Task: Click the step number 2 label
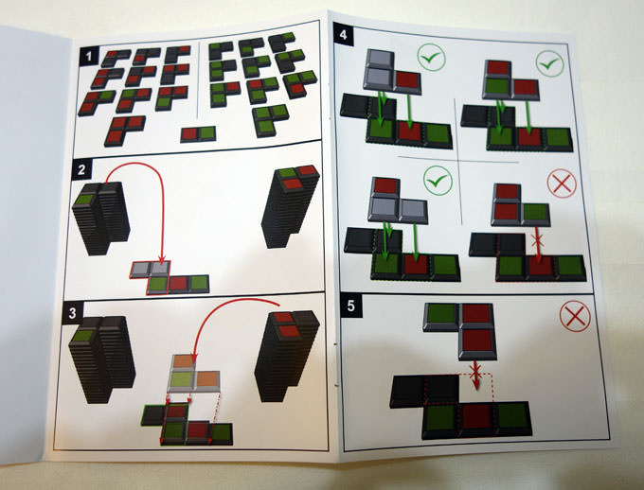tap(81, 169)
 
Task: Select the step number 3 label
tap(73, 313)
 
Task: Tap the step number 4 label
tap(344, 34)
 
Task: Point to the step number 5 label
tap(350, 306)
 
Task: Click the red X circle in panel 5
tap(575, 316)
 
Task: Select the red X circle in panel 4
tap(562, 184)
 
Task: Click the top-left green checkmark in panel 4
tap(431, 59)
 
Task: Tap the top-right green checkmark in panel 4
tap(550, 63)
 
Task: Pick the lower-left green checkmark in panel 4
tap(438, 180)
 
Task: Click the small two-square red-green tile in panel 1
tap(198, 134)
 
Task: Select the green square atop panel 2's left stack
tap(85, 200)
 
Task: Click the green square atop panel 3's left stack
tap(83, 336)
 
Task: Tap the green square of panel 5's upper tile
tap(440, 313)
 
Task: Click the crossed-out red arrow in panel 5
tap(475, 375)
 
